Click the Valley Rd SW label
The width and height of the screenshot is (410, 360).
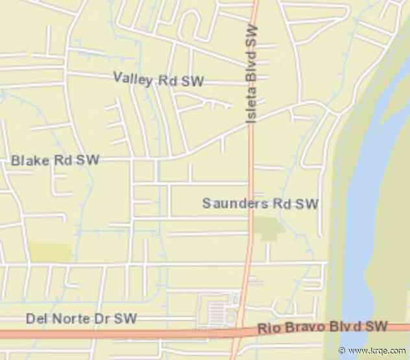click(158, 80)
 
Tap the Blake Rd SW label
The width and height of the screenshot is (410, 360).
click(55, 160)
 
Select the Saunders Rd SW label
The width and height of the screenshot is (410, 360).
click(260, 204)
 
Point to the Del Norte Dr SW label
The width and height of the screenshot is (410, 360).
click(82, 318)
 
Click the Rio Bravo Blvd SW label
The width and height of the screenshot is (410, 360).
click(322, 327)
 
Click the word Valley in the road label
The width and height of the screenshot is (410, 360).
click(133, 78)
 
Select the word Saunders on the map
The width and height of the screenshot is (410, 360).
click(235, 204)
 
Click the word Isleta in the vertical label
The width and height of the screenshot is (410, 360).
click(251, 105)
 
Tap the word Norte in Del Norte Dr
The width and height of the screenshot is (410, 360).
click(70, 318)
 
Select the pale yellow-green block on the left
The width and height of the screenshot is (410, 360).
click(49, 252)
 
